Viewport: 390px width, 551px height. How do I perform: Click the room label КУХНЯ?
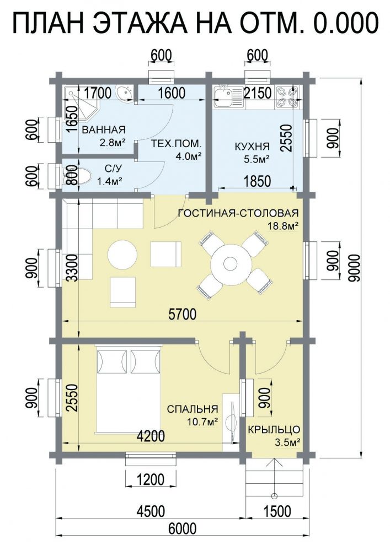click(x=252, y=147)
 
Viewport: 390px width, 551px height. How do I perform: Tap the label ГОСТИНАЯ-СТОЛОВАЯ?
click(x=238, y=213)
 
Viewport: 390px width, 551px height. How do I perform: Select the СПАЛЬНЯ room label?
click(x=193, y=409)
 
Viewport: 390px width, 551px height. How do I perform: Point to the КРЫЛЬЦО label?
click(x=274, y=430)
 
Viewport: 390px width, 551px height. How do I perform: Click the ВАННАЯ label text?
click(x=104, y=129)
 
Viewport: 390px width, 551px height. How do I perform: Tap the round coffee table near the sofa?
click(x=122, y=255)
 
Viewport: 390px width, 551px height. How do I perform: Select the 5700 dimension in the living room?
click(x=182, y=314)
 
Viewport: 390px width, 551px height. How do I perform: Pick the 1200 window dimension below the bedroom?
click(x=151, y=479)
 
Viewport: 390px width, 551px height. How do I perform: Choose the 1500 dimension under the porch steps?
click(x=277, y=511)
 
